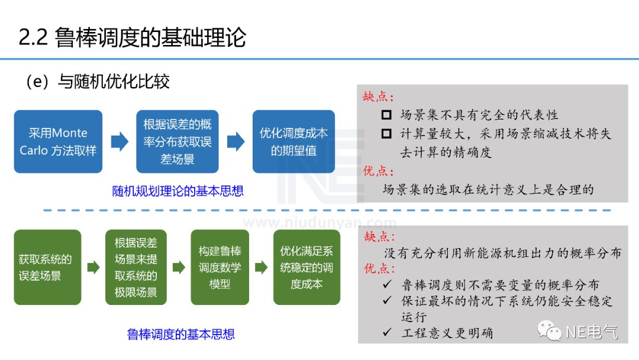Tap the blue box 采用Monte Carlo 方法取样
coord(58,142)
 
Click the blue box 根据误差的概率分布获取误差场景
coord(177,142)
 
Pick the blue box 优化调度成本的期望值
coord(293,142)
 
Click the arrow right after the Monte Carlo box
coord(120,142)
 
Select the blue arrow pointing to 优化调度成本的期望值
coord(236,142)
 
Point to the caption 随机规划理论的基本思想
coord(177,191)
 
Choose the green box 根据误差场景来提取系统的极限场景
coord(136,267)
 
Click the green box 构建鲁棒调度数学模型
coord(220,267)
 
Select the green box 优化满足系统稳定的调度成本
coord(306,267)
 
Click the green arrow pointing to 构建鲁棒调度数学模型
coord(179,268)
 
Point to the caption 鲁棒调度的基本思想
coord(180,335)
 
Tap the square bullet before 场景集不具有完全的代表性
coord(386,115)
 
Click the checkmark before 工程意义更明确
coord(387,332)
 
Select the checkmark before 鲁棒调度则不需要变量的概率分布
coord(387,285)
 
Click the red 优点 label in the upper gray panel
coord(379,171)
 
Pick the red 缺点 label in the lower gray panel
coord(379,237)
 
